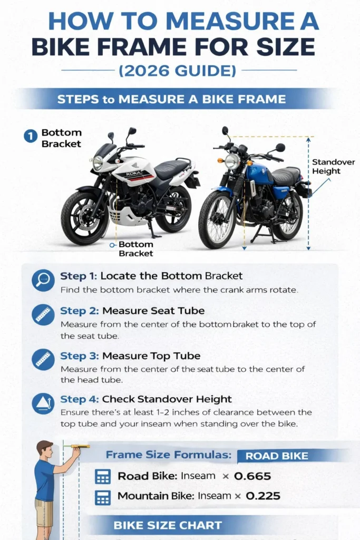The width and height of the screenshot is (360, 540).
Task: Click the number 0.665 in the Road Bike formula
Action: click(252, 476)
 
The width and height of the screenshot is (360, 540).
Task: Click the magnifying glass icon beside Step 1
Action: click(42, 280)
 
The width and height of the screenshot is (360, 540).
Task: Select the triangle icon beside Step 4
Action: click(42, 403)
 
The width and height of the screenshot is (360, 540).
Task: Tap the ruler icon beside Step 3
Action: click(42, 360)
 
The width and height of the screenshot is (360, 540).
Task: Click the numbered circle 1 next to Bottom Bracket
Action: click(30, 137)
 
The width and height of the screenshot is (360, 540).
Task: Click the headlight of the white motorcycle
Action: click(98, 162)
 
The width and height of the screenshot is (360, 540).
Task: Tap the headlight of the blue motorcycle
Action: click(232, 161)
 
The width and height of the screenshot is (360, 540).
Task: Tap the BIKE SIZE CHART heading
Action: click(168, 525)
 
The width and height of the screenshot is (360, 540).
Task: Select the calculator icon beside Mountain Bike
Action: click(102, 497)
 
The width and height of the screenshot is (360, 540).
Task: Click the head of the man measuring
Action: click(45, 450)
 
